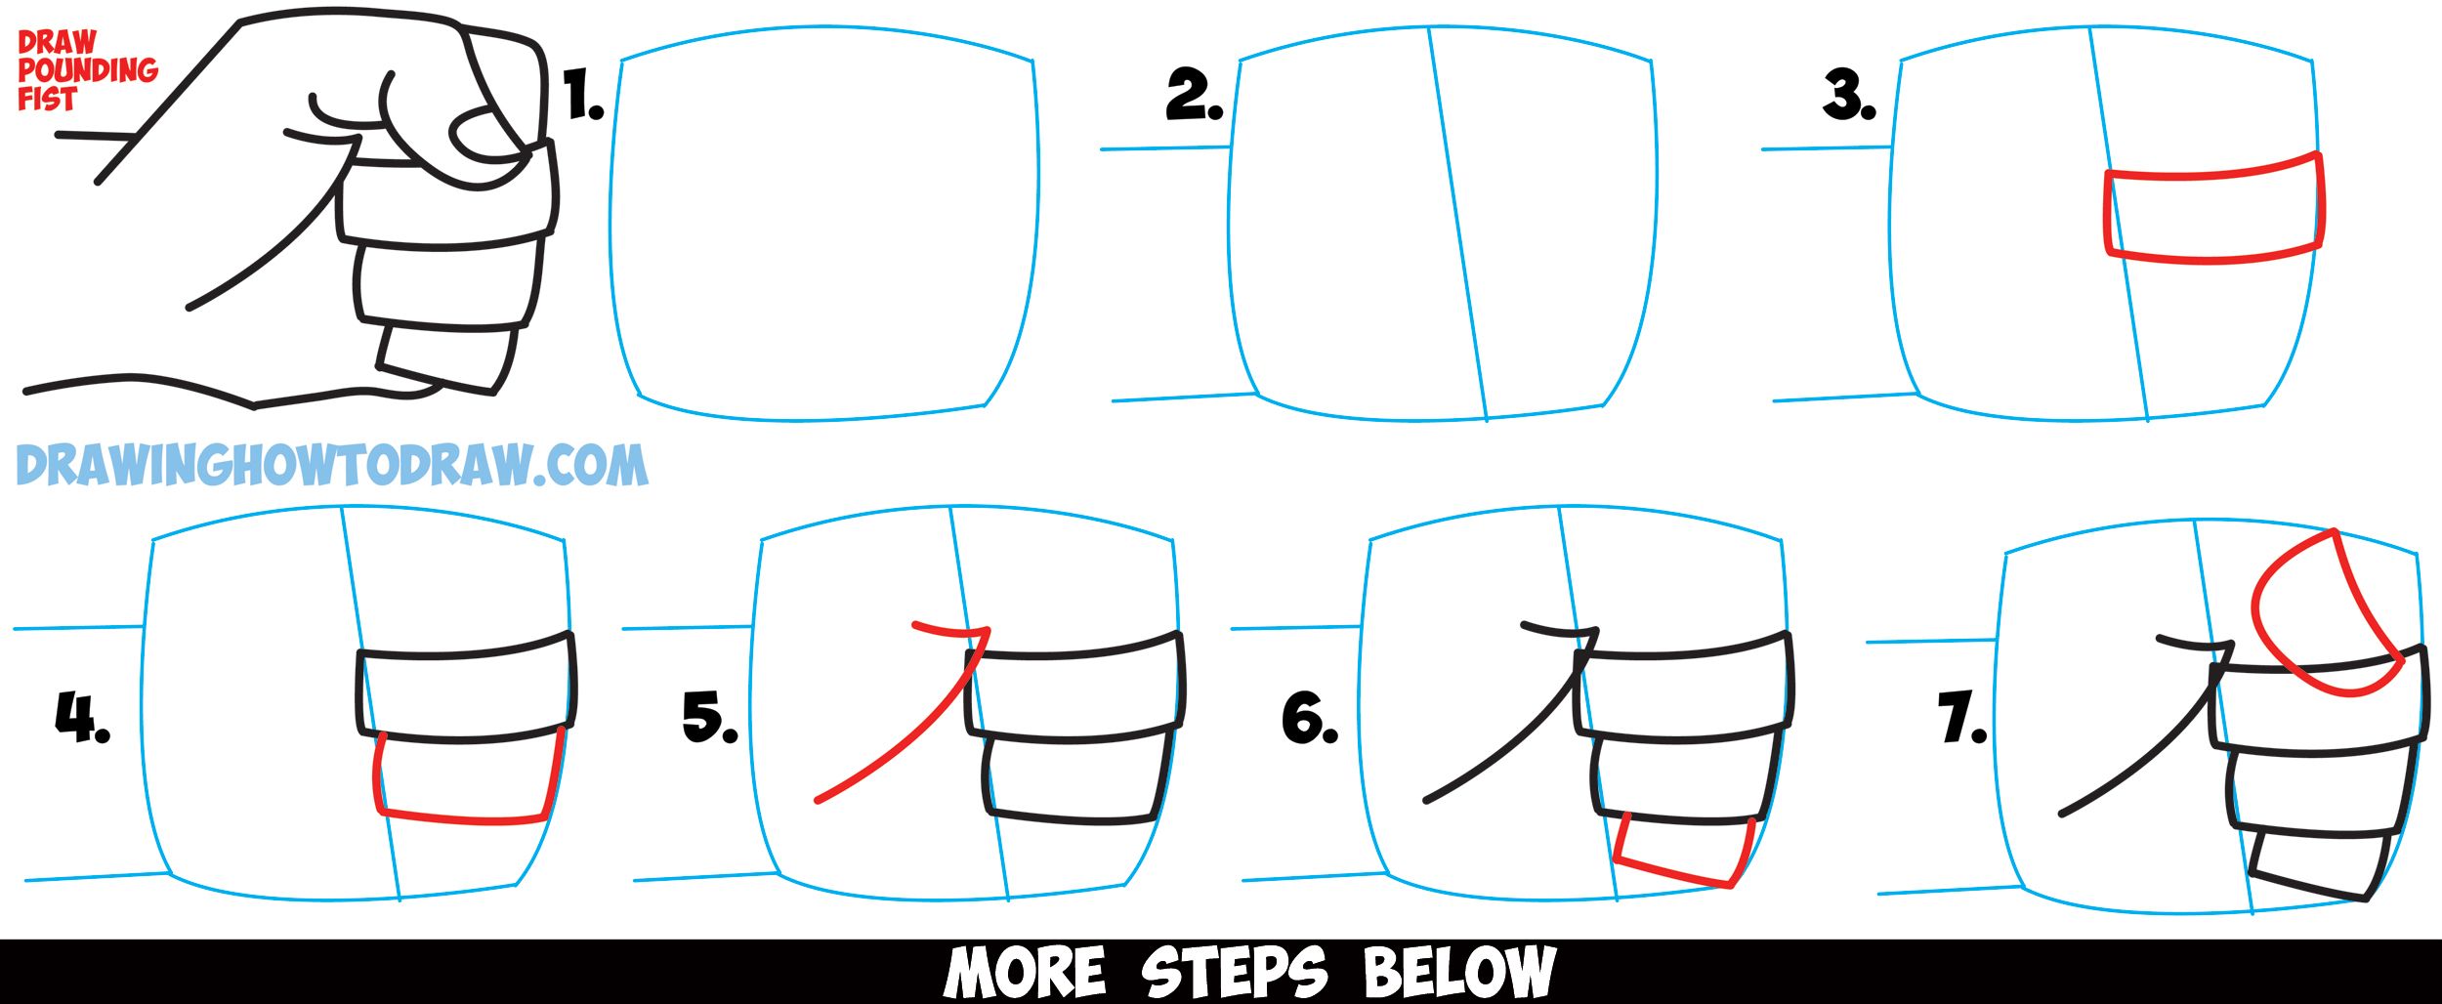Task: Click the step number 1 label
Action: point(584,96)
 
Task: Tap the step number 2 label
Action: point(1194,96)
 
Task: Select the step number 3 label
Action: point(1849,96)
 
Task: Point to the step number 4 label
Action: point(82,718)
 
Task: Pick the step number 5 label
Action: point(710,718)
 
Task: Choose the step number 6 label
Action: point(1310,718)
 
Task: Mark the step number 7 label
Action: point(1962,718)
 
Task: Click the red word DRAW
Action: point(57,42)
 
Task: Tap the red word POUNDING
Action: point(88,70)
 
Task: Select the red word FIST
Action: point(47,99)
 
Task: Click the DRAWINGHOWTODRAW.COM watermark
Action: point(332,465)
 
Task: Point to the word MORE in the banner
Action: point(1025,972)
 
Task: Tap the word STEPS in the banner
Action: point(1234,972)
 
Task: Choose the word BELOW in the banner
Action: point(1458,972)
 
